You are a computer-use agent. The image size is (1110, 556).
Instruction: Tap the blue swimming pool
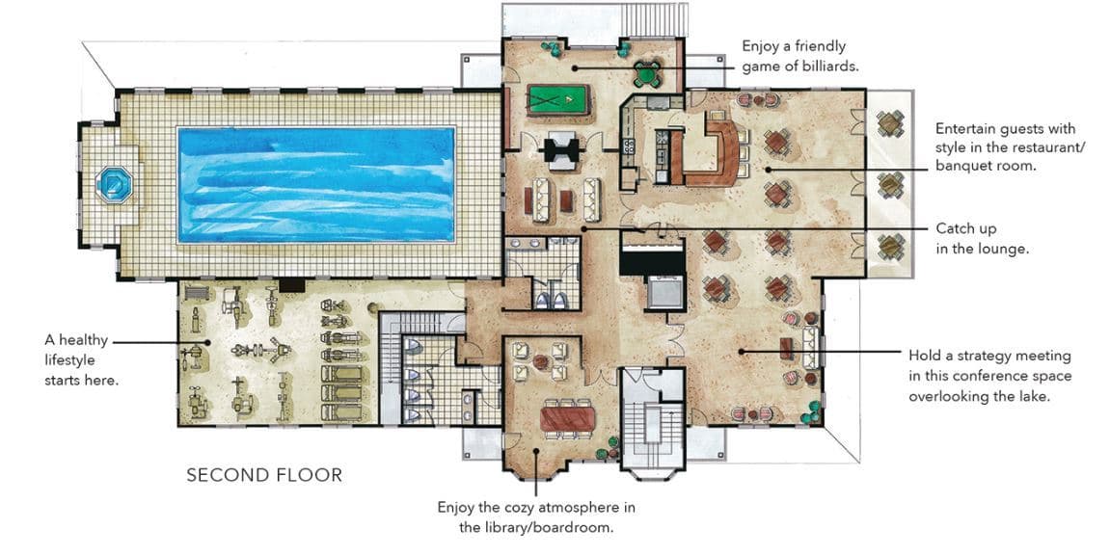[x=316, y=184]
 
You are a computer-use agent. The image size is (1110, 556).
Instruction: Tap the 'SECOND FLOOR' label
[x=263, y=475]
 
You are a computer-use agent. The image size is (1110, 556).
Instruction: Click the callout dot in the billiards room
[x=572, y=67]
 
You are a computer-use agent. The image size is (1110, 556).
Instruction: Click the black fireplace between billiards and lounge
[x=559, y=149]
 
